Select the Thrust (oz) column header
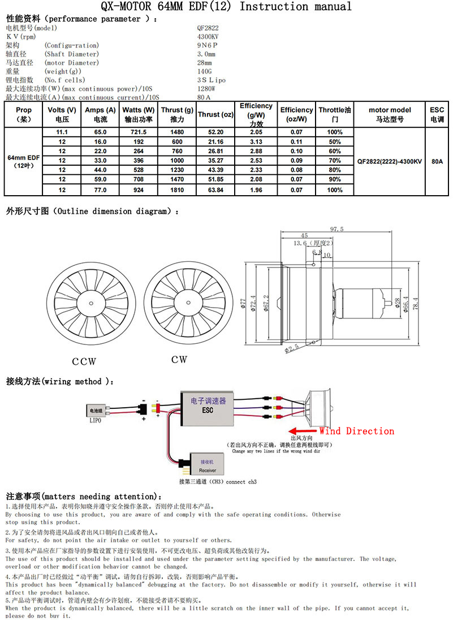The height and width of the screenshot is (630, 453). point(215,114)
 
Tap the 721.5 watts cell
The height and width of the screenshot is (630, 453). point(139,132)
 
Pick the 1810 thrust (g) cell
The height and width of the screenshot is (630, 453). point(177,190)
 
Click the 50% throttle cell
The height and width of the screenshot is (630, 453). point(335,141)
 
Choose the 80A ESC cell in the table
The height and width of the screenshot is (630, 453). point(437,161)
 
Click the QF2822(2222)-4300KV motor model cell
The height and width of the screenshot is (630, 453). point(390,161)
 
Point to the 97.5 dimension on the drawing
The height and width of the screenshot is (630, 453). point(337,229)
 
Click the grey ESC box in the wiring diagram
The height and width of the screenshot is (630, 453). point(208,409)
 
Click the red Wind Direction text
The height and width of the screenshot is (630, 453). point(357,431)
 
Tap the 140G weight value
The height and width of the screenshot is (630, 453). point(204,71)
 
